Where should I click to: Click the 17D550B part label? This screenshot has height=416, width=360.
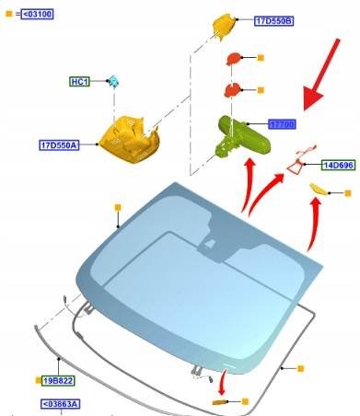[273, 21]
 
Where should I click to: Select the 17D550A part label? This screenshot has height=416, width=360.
[59, 144]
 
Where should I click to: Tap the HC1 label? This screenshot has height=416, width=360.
[79, 82]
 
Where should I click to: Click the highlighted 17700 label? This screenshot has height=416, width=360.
[282, 124]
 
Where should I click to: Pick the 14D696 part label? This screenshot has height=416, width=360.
[339, 165]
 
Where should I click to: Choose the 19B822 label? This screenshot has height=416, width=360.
[58, 381]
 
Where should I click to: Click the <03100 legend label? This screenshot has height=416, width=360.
[37, 14]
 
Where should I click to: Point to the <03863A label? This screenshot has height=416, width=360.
[60, 404]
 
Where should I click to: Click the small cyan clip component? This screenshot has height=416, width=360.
[114, 81]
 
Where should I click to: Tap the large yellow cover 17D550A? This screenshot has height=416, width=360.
[130, 139]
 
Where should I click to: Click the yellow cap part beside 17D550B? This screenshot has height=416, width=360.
[225, 26]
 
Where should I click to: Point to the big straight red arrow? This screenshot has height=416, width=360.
[321, 75]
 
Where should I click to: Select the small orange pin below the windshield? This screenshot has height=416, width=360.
[219, 402]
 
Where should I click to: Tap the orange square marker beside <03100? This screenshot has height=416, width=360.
[9, 14]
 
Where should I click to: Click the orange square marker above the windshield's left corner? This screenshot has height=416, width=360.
[118, 208]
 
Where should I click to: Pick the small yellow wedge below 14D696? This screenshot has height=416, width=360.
[319, 189]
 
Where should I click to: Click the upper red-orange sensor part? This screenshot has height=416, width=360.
[234, 58]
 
